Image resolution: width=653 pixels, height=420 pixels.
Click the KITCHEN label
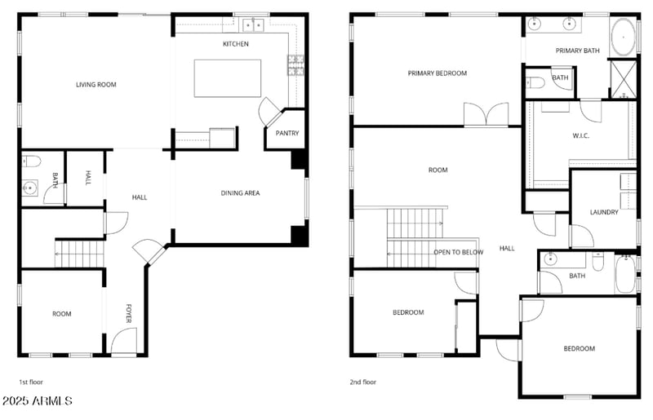pos(236,44)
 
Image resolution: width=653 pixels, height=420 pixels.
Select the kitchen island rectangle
pos(227,77)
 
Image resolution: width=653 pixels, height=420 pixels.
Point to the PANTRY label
pos(287,133)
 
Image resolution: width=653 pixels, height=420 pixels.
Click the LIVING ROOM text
pos(96,84)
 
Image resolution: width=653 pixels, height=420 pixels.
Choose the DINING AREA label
pos(240,193)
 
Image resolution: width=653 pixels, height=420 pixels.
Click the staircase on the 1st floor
pos(79,253)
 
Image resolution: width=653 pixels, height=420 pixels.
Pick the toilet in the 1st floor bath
pos(28,161)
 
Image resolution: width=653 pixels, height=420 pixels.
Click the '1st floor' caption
pos(32,381)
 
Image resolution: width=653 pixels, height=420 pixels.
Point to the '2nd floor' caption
pos(363,381)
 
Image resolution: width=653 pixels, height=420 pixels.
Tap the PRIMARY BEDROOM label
pos(438,73)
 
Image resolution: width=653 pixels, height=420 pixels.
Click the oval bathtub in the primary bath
pos(623,38)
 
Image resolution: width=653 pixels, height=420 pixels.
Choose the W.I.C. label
pos(580,135)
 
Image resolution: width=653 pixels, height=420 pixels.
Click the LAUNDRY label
pos(604,213)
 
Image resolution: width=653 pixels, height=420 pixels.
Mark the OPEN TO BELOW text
pos(458,252)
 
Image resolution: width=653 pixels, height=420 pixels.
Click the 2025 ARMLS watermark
pos(38,401)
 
